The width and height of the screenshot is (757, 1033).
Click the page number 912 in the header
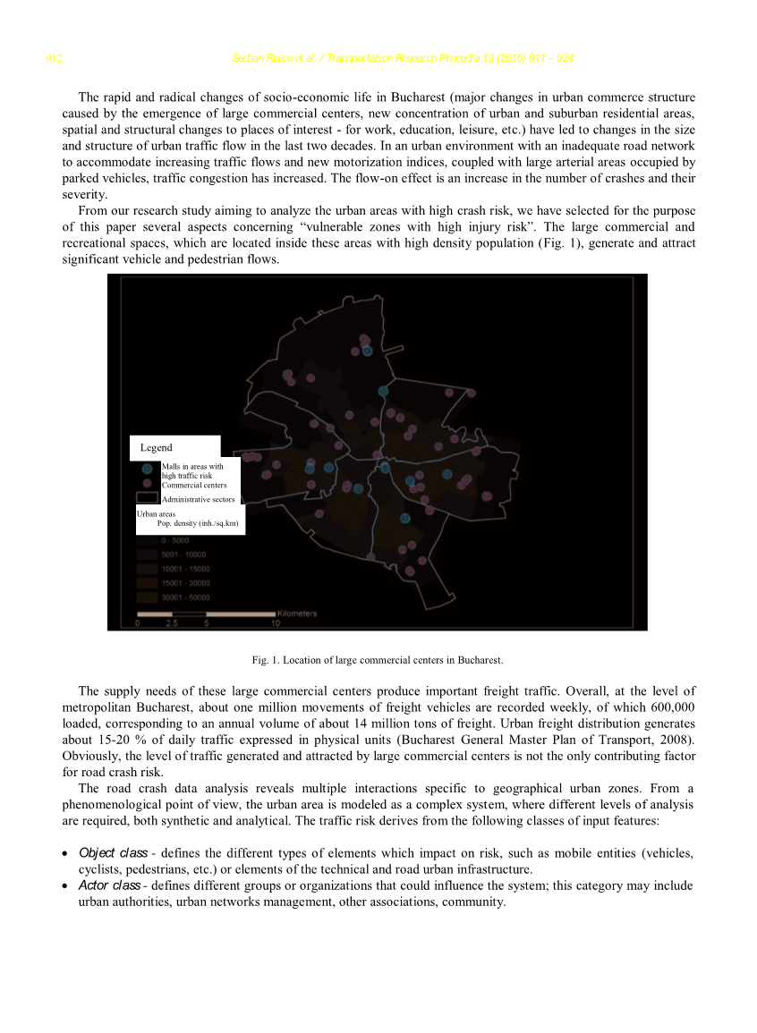(x=54, y=59)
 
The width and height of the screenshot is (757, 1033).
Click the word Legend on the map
(x=157, y=447)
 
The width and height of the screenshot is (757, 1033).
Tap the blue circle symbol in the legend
(x=147, y=467)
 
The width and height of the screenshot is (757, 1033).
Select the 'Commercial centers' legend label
(x=193, y=485)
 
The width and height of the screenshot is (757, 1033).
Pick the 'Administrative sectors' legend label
(x=199, y=499)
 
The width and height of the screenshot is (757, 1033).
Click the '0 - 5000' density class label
(x=174, y=541)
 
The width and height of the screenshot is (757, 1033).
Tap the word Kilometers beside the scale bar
(x=298, y=614)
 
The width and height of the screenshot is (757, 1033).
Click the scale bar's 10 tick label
(x=276, y=623)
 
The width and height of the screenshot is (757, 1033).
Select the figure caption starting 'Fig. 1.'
(x=378, y=660)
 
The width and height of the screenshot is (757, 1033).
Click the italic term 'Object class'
(x=113, y=853)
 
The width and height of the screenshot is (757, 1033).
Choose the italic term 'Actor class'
(x=109, y=885)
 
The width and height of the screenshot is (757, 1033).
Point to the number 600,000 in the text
(x=670, y=707)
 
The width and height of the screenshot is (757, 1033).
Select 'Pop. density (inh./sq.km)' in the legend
(x=197, y=523)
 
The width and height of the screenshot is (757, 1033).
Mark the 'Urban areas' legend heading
(x=156, y=514)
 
